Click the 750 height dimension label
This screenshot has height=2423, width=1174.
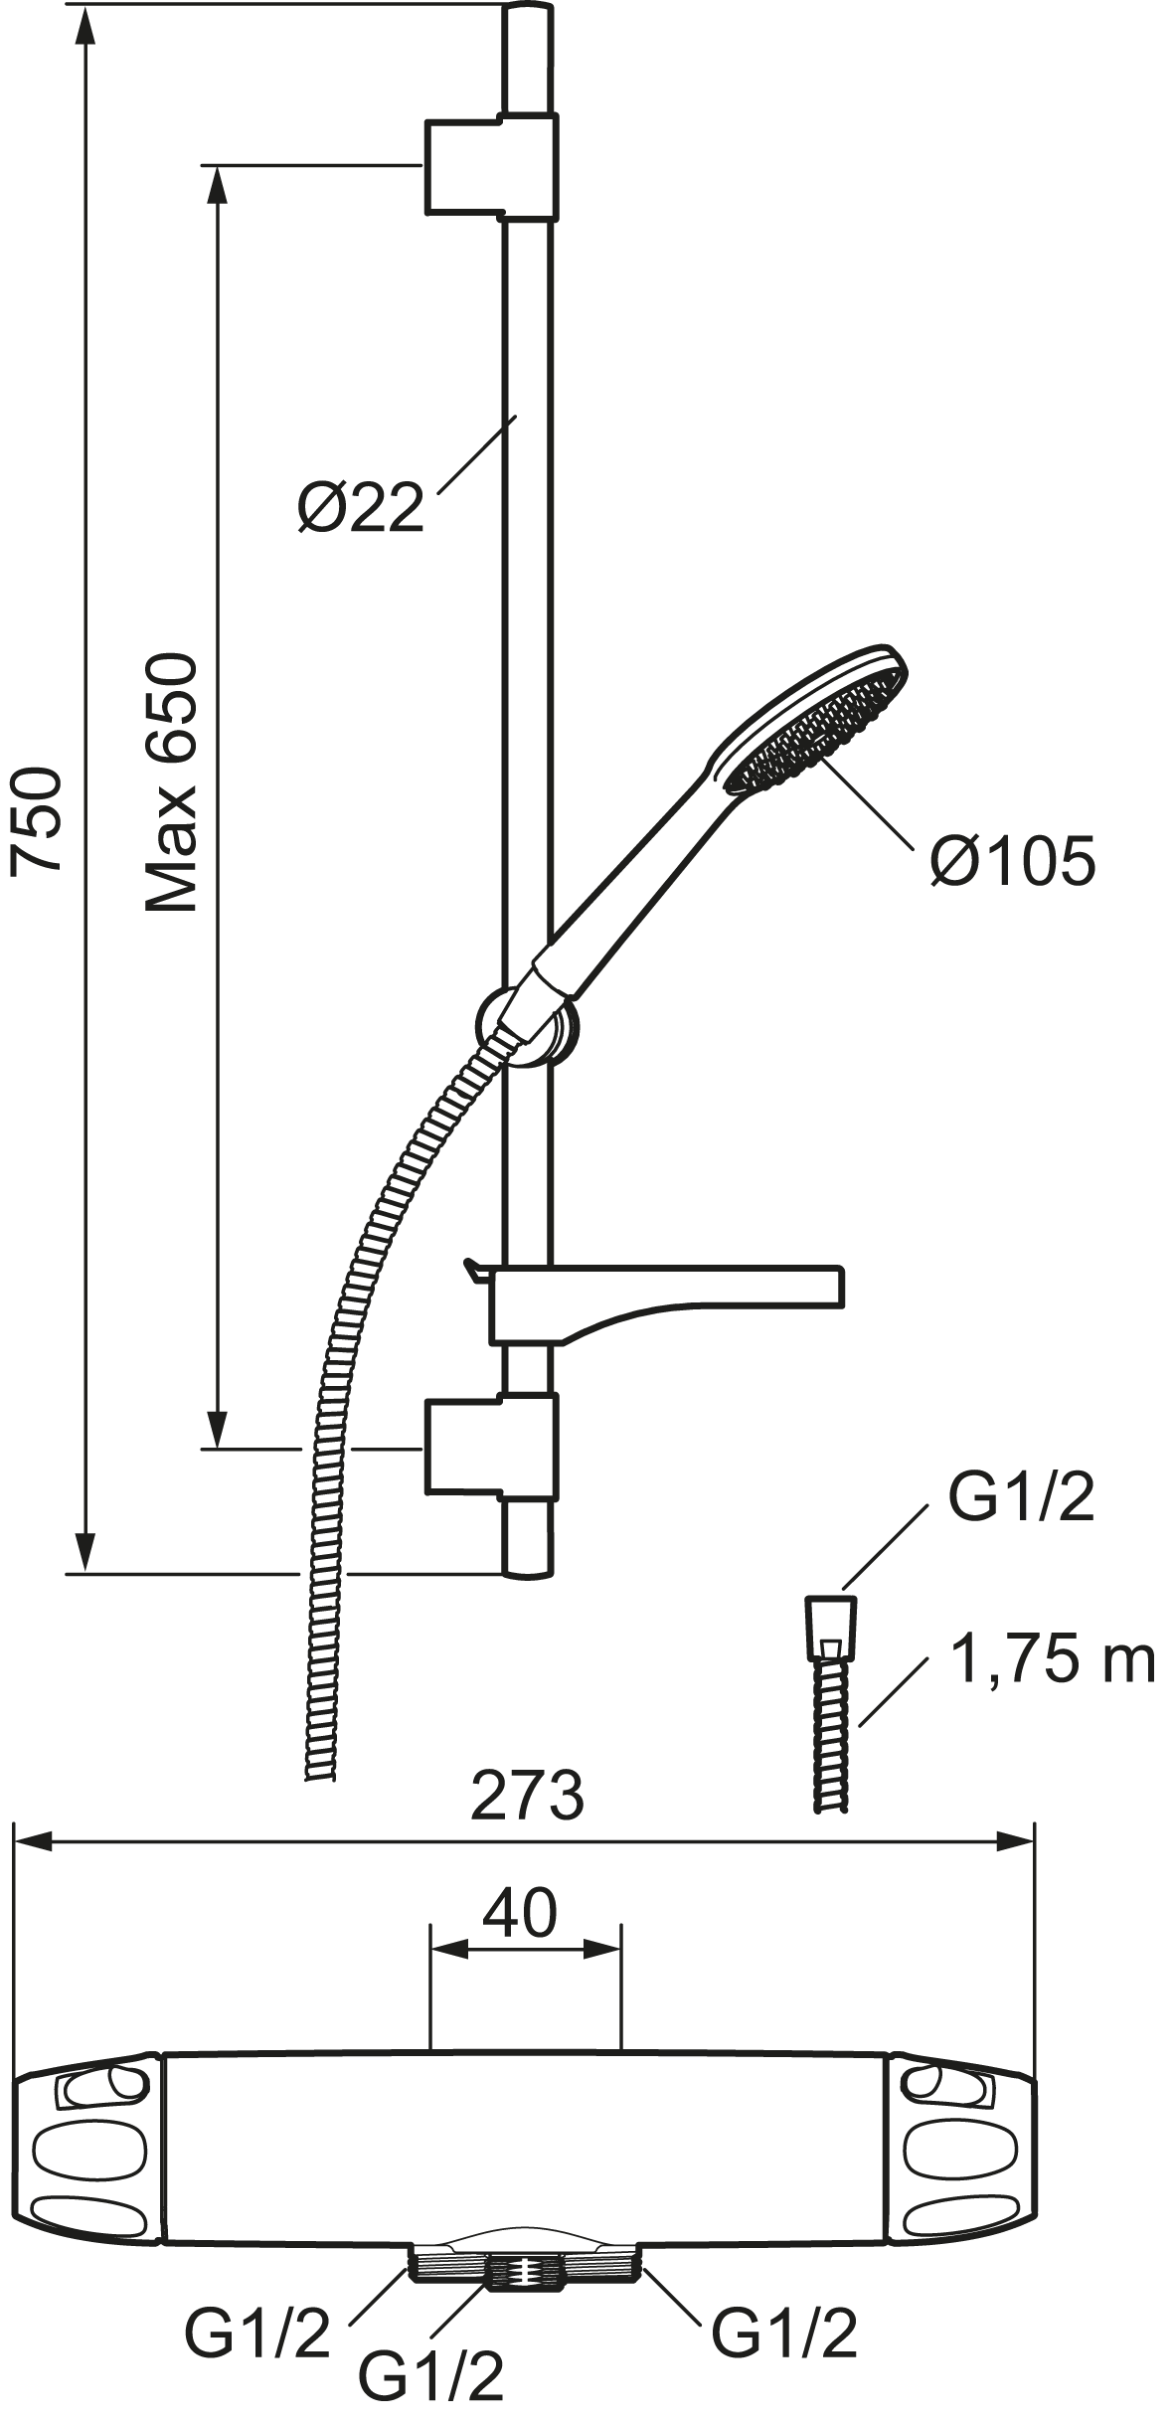(38, 821)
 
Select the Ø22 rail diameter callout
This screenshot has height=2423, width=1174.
(361, 508)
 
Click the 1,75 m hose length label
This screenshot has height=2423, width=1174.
(1053, 1659)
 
